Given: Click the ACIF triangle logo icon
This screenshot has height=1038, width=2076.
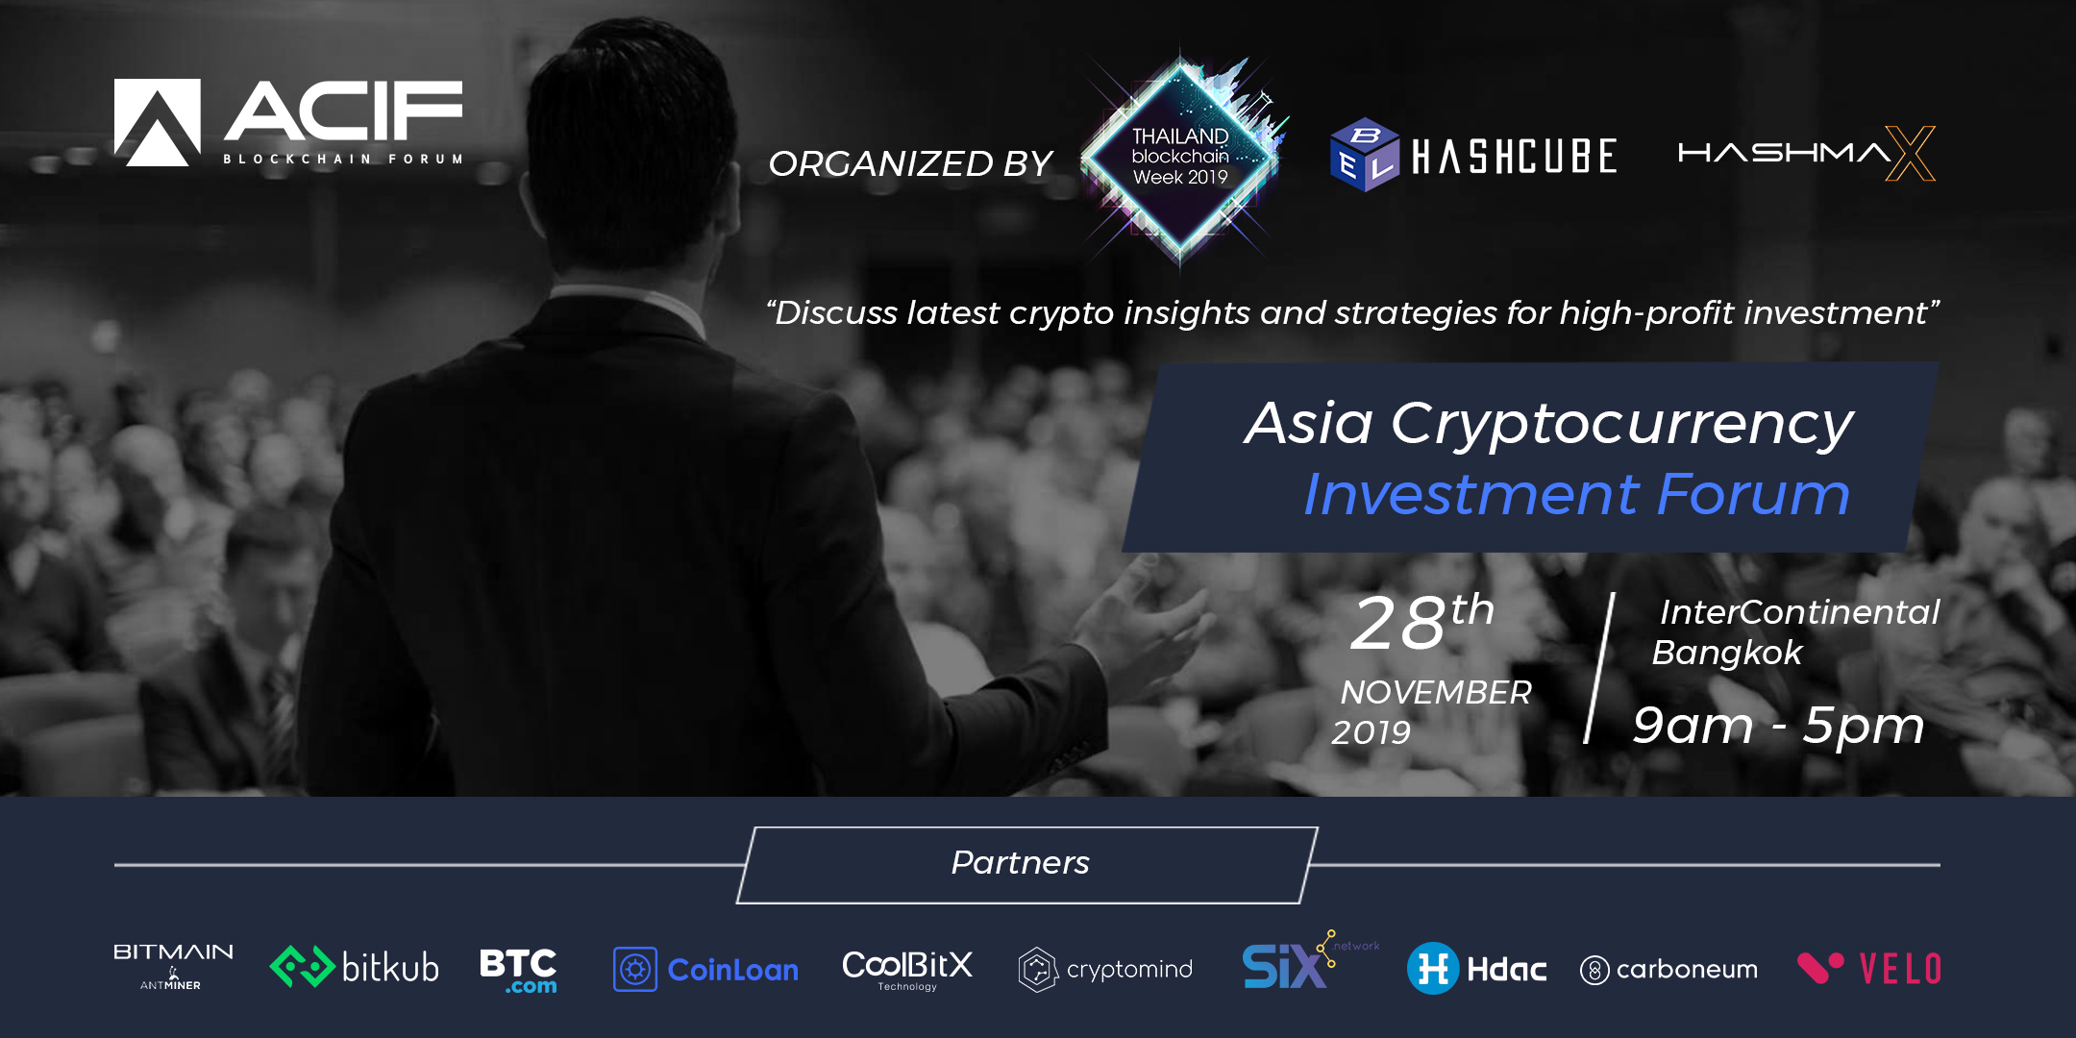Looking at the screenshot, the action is click(x=158, y=122).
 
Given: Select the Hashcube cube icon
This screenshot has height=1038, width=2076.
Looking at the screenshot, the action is click(x=1365, y=155).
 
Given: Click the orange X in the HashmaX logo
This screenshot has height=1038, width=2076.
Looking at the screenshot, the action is click(x=1911, y=153).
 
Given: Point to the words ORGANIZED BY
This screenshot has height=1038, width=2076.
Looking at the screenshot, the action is click(x=910, y=163).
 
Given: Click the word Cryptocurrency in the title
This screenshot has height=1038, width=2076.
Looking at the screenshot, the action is click(x=1622, y=424).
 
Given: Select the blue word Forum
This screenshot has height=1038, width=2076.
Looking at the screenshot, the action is click(x=1754, y=494).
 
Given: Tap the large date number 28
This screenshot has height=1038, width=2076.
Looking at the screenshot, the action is click(x=1398, y=624).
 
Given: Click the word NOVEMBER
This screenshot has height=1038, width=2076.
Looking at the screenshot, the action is click(x=1436, y=692).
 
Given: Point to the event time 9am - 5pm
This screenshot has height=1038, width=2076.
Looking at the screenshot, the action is click(x=1779, y=725).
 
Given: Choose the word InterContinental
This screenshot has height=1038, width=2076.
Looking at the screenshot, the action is click(x=1800, y=612).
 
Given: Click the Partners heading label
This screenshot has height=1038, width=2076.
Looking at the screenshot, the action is click(x=1021, y=863).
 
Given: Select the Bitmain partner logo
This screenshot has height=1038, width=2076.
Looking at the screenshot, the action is click(x=173, y=966).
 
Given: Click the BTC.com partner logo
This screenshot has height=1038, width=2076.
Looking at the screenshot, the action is click(x=518, y=971).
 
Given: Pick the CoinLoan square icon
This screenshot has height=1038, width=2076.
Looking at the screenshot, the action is click(x=635, y=969).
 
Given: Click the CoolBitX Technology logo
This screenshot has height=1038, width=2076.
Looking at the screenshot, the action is click(x=907, y=969).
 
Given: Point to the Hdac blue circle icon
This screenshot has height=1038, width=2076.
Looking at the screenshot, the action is click(x=1433, y=968).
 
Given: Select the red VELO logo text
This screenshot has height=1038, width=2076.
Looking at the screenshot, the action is click(x=1900, y=969).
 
